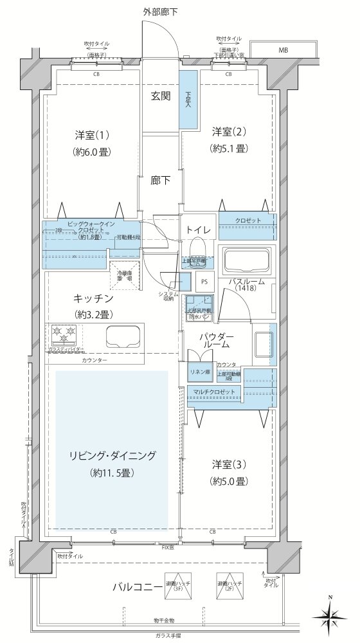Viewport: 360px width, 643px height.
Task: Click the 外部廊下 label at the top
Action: point(161,12)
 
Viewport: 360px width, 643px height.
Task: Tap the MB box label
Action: point(283,50)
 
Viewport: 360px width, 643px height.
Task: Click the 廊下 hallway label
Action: point(161,181)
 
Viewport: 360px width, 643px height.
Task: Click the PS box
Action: point(204,281)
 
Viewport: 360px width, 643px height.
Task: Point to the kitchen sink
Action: point(122,336)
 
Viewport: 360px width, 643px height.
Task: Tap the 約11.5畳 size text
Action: point(113,473)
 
